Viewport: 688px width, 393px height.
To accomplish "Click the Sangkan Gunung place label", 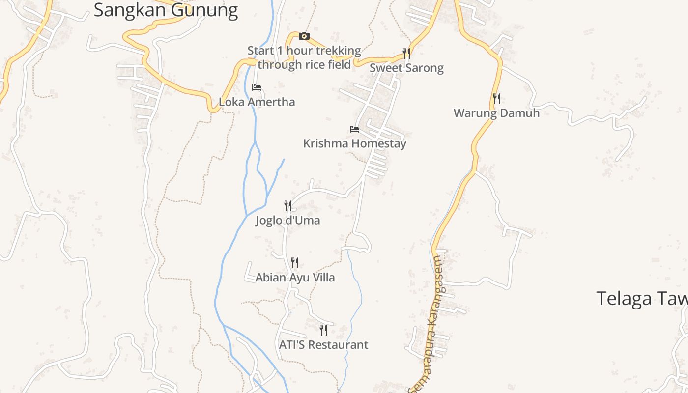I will coord(166,10).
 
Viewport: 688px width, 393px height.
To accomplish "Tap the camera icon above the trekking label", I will coord(304,36).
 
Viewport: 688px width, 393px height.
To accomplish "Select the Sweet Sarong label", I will coord(406,68).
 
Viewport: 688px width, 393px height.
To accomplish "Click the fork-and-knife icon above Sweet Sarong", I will coord(406,53).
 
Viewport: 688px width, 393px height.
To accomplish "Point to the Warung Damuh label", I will coord(496,113).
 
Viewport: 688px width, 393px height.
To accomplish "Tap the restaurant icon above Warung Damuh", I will coord(497,99).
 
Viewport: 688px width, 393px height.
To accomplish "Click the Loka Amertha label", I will coord(257,102).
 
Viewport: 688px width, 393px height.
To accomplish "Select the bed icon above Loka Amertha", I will coord(256,87).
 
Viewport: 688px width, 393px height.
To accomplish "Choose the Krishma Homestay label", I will coord(354,144).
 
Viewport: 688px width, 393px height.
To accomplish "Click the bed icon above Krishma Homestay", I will coord(354,129).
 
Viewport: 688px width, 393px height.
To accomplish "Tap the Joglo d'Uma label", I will coord(287,220).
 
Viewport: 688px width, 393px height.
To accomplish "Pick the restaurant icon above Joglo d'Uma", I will coord(288,205).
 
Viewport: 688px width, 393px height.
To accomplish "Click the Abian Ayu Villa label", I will coord(295,278).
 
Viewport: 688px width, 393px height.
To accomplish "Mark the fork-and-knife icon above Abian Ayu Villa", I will coord(294,263).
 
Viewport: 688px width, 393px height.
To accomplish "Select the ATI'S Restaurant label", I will coord(323,345).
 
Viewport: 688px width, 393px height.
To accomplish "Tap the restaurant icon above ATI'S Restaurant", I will coord(323,330).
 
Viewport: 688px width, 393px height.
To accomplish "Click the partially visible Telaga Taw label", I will coord(641,298).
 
